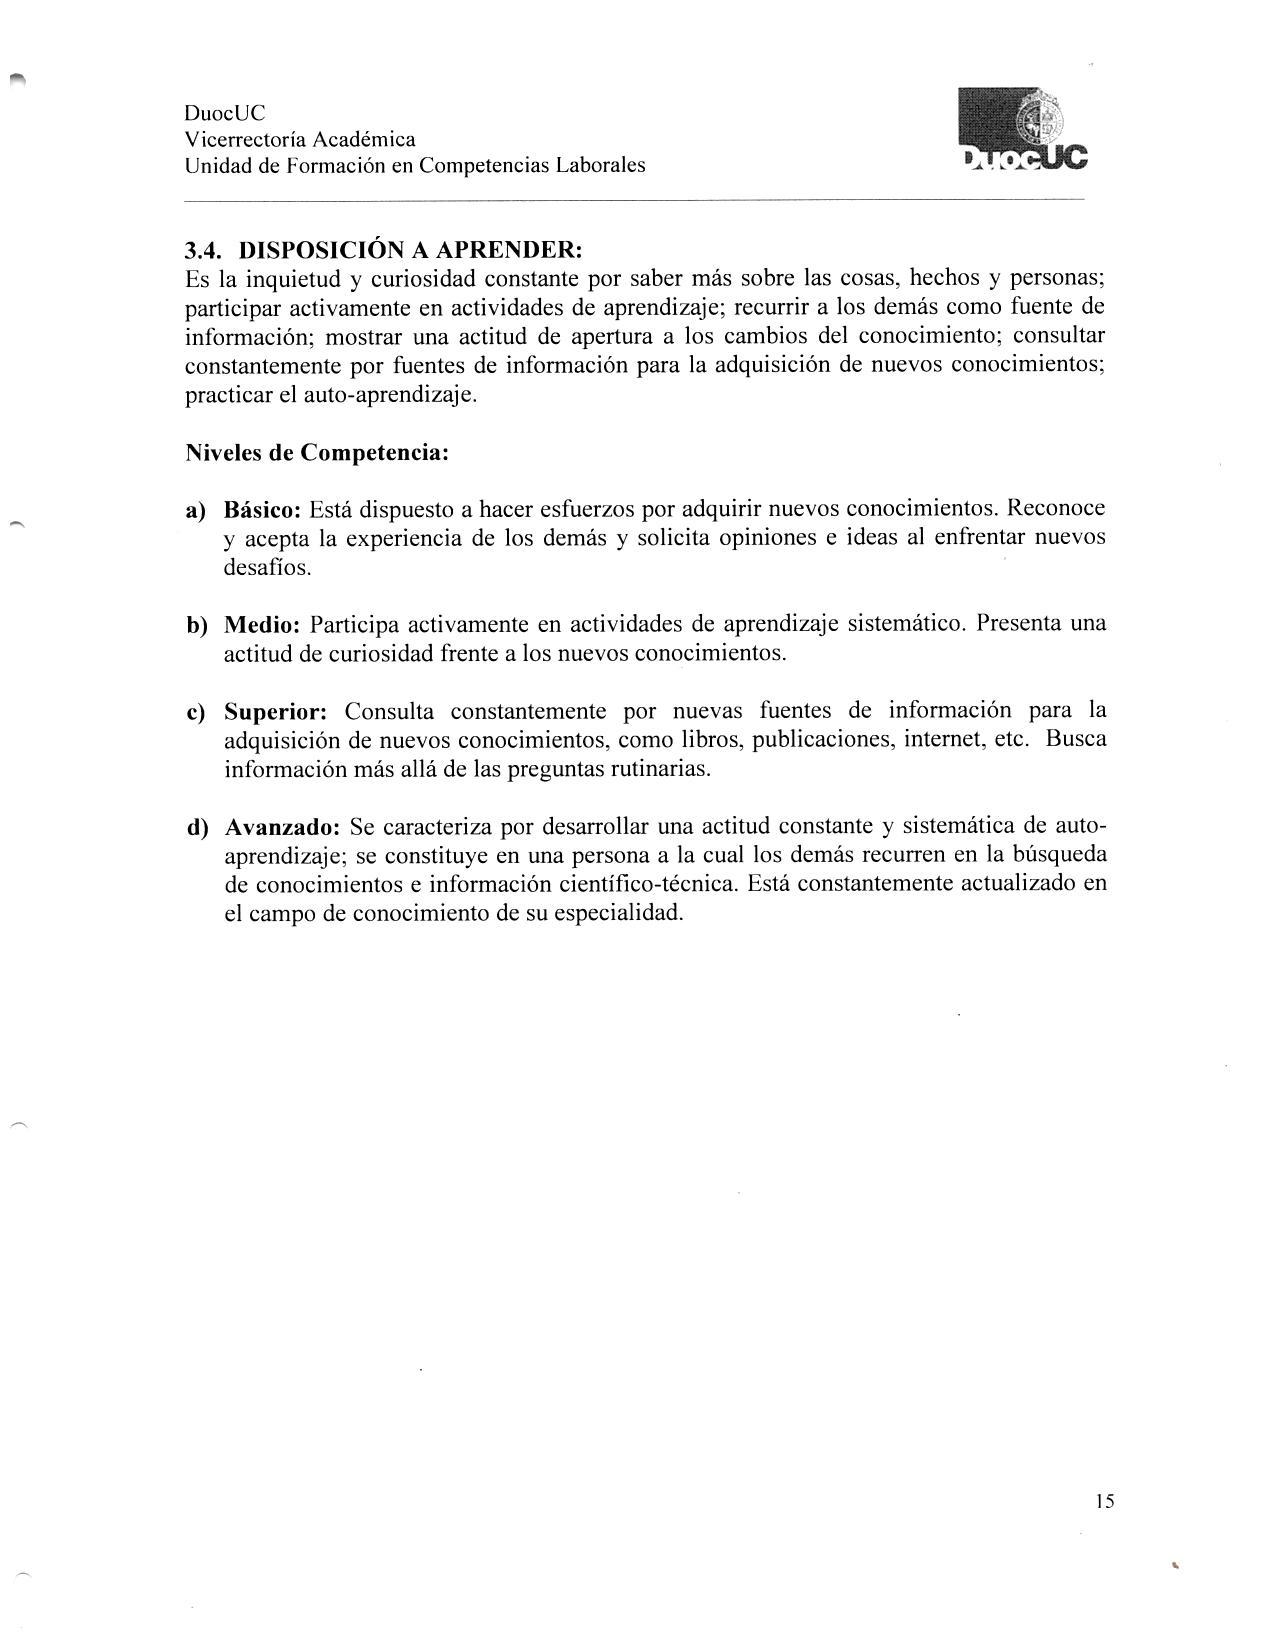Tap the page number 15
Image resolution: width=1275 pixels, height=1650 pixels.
(1104, 1501)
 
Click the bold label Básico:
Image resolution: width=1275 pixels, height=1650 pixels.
(262, 510)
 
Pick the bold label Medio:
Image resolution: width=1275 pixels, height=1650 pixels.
(262, 626)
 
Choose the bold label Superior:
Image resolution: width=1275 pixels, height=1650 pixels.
(275, 713)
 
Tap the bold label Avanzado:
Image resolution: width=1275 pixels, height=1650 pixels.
(283, 829)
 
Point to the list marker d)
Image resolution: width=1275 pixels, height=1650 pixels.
(196, 829)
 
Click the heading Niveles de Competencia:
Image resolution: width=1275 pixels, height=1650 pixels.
(317, 453)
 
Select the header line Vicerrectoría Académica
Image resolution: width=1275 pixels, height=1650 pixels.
(300, 140)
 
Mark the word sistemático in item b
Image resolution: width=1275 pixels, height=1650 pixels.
(905, 625)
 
